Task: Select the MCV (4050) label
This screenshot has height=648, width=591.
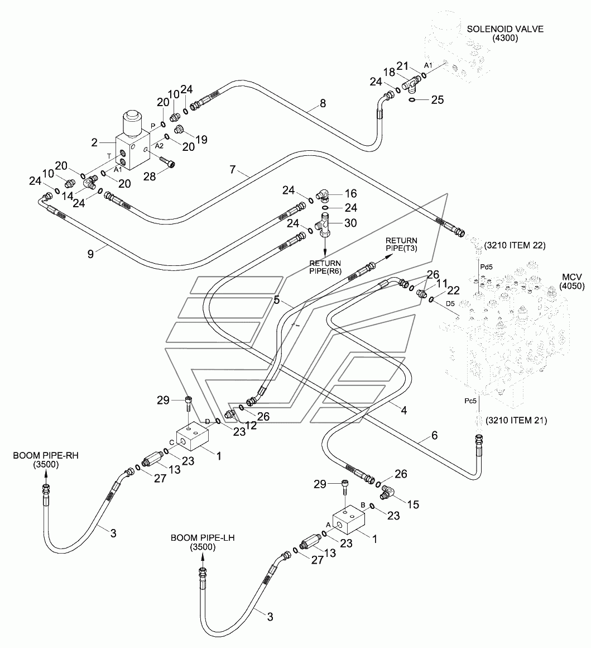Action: (x=572, y=281)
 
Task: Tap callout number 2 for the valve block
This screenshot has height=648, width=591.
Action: (x=94, y=142)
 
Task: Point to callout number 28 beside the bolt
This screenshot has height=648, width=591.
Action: (x=150, y=177)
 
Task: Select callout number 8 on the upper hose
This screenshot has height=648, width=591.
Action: (x=323, y=103)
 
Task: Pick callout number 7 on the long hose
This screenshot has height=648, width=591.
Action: (x=233, y=169)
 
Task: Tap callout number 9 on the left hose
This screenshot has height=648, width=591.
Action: (x=90, y=254)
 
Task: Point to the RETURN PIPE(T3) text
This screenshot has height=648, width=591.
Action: (x=401, y=244)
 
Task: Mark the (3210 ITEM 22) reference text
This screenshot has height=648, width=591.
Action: (x=515, y=245)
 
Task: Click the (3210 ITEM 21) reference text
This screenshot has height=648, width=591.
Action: (x=516, y=420)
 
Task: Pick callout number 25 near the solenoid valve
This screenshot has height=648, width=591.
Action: (x=438, y=99)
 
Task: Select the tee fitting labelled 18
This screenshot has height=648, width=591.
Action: (x=411, y=83)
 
